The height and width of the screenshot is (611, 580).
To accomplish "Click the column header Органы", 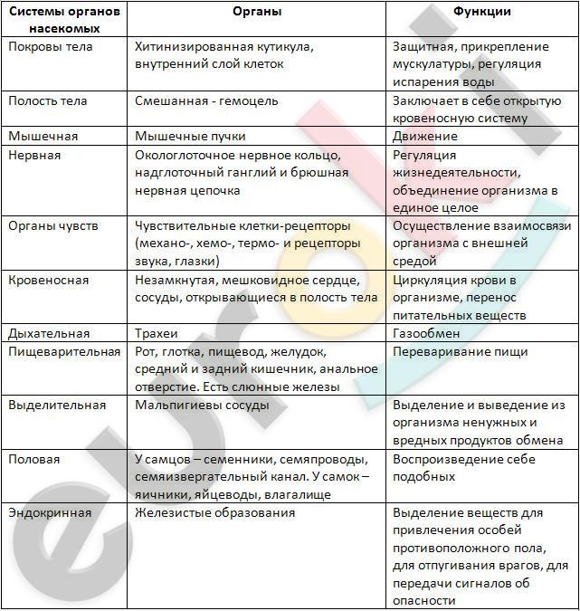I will coord(257,13).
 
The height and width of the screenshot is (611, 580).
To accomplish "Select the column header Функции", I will coord(481,13).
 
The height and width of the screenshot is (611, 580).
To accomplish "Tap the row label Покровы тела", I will coord(51,46).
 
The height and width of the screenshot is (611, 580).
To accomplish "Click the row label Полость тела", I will coord(48,100).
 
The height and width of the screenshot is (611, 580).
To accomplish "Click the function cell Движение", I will coord(425,136).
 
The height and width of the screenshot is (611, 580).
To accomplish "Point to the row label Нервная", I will coord(34,155).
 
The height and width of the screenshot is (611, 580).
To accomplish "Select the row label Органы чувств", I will coord(53,225).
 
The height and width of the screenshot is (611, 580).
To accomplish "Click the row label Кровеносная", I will coord(49,280).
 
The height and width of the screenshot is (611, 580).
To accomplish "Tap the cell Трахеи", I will coord(157,333).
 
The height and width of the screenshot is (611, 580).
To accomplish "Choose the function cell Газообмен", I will coord(426,333).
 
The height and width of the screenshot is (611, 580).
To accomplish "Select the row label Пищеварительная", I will coord(64,351).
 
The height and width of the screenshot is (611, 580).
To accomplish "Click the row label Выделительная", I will coord(57,405).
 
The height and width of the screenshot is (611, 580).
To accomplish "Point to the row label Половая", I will coord(34,459).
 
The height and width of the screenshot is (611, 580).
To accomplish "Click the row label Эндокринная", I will coord(51,512).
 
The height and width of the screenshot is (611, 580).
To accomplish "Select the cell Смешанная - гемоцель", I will coord(206,100).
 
